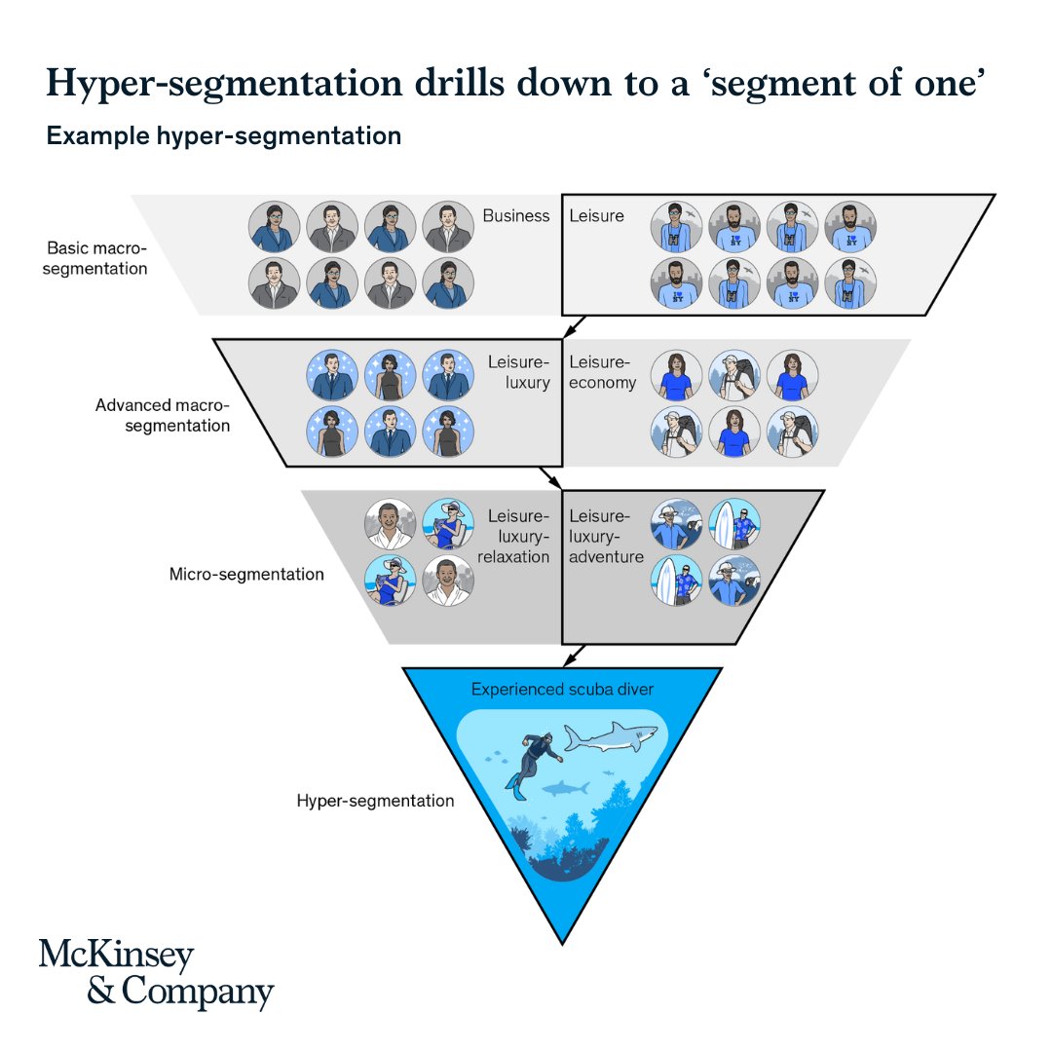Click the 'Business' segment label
click(x=516, y=216)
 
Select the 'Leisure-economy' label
click(x=602, y=372)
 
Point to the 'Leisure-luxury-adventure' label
click(x=606, y=537)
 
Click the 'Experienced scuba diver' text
click(x=562, y=690)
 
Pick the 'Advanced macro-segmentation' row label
click(x=163, y=415)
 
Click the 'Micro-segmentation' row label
click(x=246, y=574)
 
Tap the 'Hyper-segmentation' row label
click(x=375, y=801)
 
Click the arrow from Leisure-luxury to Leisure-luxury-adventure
click(x=551, y=478)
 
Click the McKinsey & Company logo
click(x=156, y=973)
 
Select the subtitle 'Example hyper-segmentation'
click(x=224, y=136)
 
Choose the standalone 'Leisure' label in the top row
click(x=596, y=216)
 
